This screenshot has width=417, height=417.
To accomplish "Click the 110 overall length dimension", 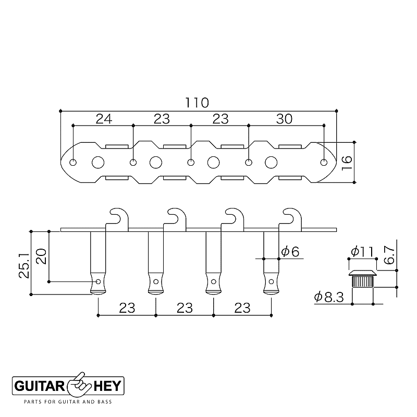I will coord(197,102).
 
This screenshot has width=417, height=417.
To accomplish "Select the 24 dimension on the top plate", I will coord(104,119).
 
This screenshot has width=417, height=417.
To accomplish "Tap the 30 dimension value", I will coord(284,119).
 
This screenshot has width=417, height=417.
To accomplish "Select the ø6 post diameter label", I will coord(290,252).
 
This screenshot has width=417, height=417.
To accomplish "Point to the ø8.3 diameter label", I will coord(329,297).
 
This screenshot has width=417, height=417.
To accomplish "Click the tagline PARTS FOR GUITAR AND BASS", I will coord(68,402).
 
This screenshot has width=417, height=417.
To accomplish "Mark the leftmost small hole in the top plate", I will coord(74,162).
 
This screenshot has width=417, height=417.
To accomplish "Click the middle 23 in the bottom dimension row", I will coord(184,308).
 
